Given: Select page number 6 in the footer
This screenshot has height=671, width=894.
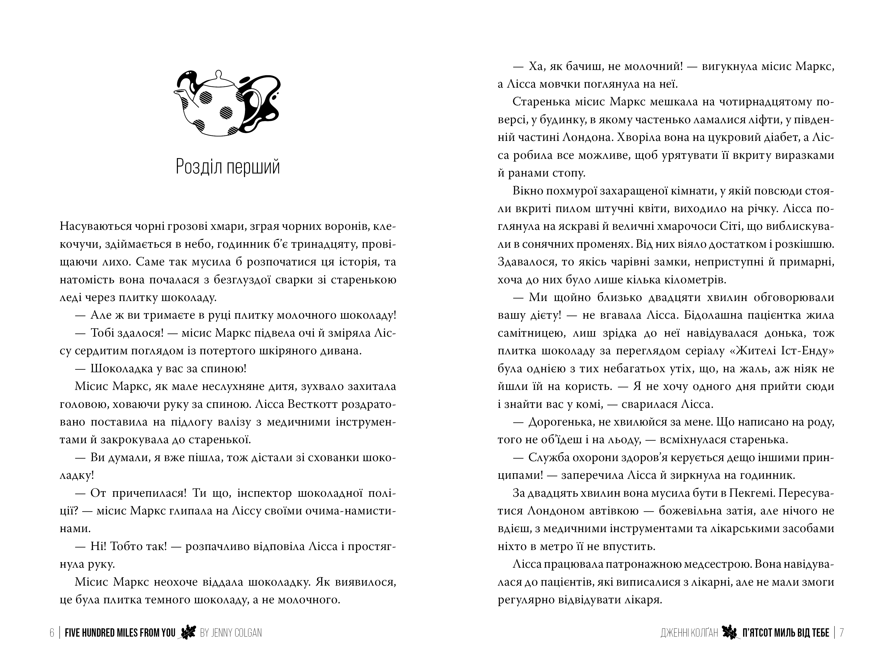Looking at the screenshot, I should click(52, 633).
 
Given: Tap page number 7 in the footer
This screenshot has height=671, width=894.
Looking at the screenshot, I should click(842, 633).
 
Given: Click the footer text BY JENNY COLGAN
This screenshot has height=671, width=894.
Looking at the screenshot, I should click(231, 633).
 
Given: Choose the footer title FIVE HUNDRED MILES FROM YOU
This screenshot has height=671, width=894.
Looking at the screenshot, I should click(120, 633).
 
